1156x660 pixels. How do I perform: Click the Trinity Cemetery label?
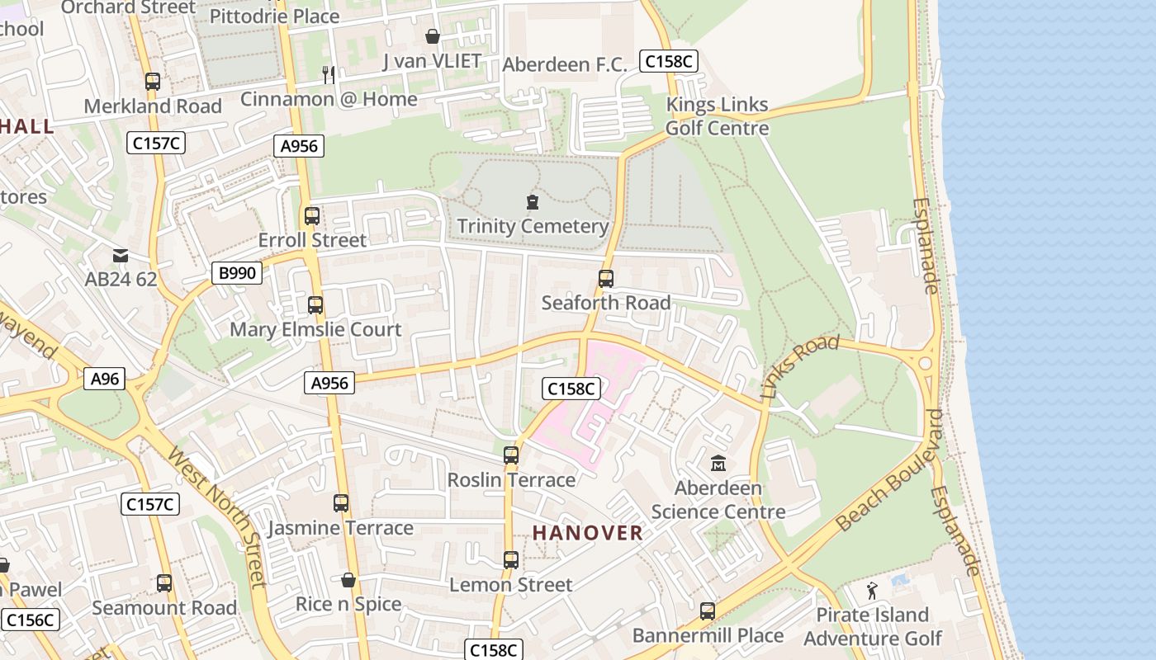pyautogui.click(x=533, y=226)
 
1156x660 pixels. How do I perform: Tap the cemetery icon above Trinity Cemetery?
pyautogui.click(x=533, y=202)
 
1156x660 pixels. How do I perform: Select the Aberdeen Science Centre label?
pyautogui.click(x=718, y=500)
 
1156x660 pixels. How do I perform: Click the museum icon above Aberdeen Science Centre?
pyautogui.click(x=718, y=464)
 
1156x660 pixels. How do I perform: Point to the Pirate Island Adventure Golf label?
pyautogui.click(x=872, y=627)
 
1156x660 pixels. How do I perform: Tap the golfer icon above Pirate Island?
pyautogui.click(x=872, y=591)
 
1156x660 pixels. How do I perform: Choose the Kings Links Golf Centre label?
pyautogui.click(x=717, y=116)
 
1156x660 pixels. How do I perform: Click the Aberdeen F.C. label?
pyautogui.click(x=565, y=64)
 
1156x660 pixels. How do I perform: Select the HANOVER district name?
pyautogui.click(x=587, y=533)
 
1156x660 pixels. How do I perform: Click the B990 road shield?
pyautogui.click(x=237, y=273)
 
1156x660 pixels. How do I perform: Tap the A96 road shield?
pyautogui.click(x=105, y=379)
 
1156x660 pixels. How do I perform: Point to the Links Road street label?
pyautogui.click(x=798, y=366)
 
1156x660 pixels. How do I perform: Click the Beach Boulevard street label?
pyautogui.click(x=888, y=471)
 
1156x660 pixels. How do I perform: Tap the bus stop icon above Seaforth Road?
pyautogui.click(x=606, y=279)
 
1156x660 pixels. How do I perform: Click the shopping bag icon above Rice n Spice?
pyautogui.click(x=348, y=580)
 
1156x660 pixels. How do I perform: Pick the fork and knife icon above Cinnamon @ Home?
pyautogui.click(x=329, y=75)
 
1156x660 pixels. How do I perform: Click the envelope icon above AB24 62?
pyautogui.click(x=121, y=256)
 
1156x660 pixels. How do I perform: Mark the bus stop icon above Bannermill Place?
pyautogui.click(x=708, y=611)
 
